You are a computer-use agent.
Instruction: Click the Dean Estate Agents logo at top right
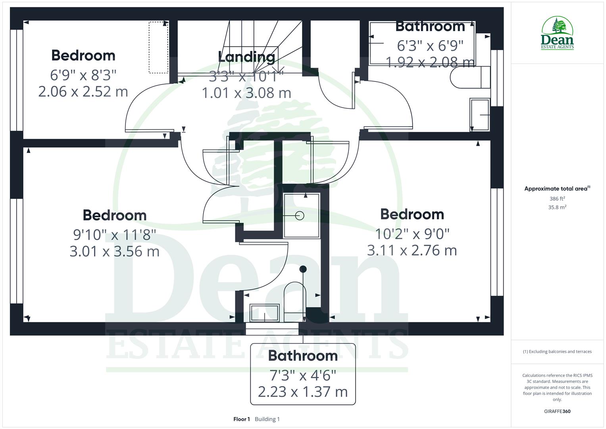[557, 33]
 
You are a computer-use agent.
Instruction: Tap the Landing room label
[246, 57]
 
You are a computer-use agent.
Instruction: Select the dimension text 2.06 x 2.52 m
[83, 92]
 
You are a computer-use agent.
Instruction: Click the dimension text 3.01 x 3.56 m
[115, 251]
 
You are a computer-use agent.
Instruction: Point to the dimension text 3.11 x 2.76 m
[412, 251]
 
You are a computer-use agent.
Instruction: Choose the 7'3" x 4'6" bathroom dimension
[303, 375]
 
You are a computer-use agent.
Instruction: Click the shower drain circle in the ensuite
[300, 216]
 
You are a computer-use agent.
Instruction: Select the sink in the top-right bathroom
[480, 115]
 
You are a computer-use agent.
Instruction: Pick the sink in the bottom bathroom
[265, 312]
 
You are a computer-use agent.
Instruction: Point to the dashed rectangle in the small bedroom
[158, 48]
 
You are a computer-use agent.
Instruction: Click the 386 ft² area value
[557, 199]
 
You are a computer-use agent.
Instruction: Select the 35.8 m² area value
[557, 207]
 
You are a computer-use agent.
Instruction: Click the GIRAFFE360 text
[557, 412]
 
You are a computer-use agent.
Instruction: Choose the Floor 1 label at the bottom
[242, 419]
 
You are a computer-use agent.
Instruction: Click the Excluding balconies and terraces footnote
[557, 352]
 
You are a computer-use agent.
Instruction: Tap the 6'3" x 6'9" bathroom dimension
[430, 46]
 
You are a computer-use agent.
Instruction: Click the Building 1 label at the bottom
[267, 419]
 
